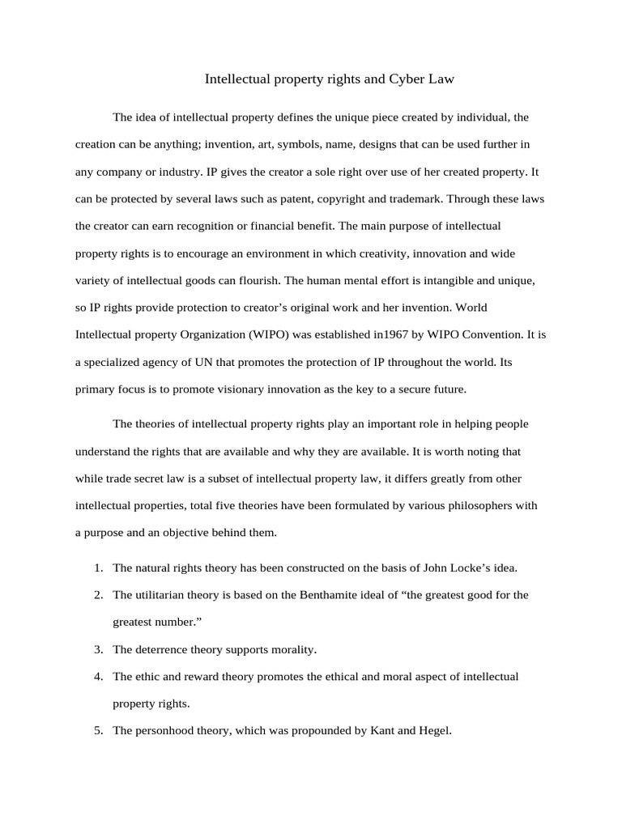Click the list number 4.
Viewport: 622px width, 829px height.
(x=98, y=676)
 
